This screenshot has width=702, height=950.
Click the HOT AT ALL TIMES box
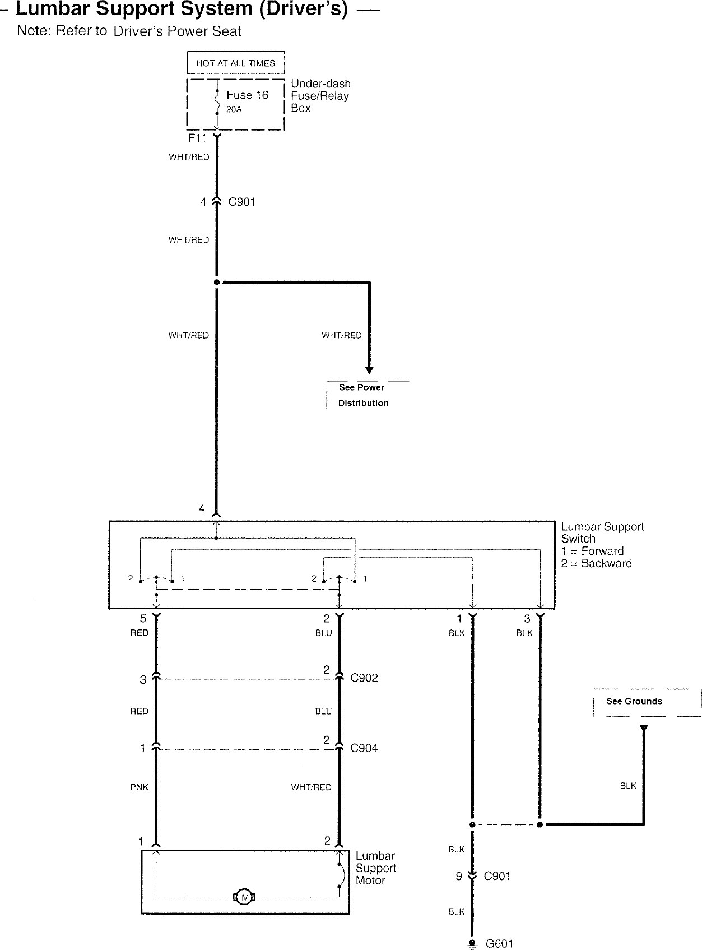pyautogui.click(x=235, y=63)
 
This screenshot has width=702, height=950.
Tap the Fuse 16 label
pyautogui.click(x=247, y=95)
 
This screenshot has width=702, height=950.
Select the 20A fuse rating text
pyautogui.click(x=234, y=110)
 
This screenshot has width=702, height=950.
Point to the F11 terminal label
pyautogui.click(x=197, y=138)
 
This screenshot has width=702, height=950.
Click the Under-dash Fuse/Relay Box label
pyautogui.click(x=320, y=96)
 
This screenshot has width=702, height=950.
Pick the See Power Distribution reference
pyautogui.click(x=362, y=395)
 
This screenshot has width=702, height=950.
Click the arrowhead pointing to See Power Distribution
pyautogui.click(x=369, y=370)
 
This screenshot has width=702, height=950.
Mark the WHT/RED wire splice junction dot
pyautogui.click(x=217, y=282)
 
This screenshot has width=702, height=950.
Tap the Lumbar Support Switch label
pyautogui.click(x=602, y=532)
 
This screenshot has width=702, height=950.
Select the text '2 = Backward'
pyautogui.click(x=596, y=564)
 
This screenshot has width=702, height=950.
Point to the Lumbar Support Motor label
pyautogui.click(x=375, y=868)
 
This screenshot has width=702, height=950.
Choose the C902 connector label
pyautogui.click(x=364, y=678)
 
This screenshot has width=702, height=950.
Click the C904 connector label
pyautogui.click(x=364, y=748)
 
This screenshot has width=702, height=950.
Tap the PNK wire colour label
pyautogui.click(x=140, y=787)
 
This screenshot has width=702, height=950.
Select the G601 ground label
pyautogui.click(x=499, y=944)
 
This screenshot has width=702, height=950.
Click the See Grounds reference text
pyautogui.click(x=634, y=702)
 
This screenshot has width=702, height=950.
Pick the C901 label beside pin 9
pyautogui.click(x=497, y=877)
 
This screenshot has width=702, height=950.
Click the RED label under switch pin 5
pyautogui.click(x=140, y=633)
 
